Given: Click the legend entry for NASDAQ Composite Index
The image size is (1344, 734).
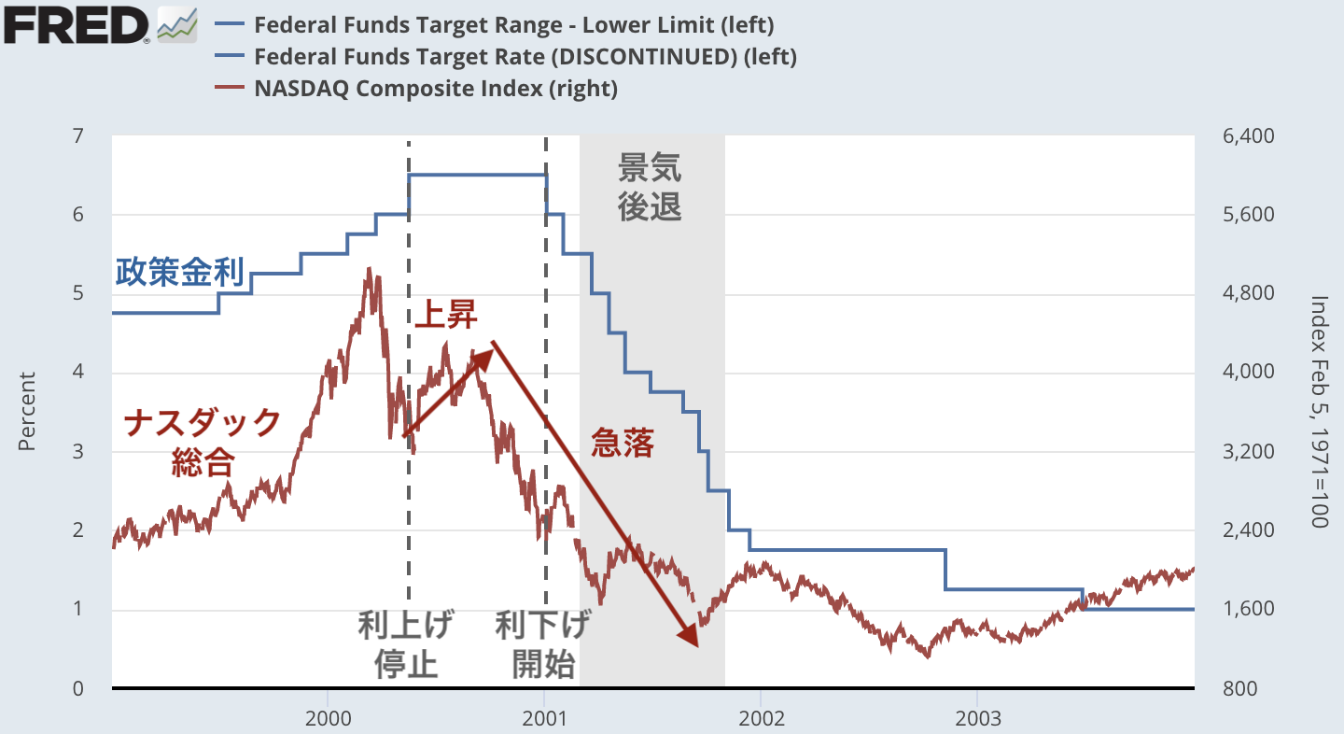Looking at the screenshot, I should (x=435, y=90).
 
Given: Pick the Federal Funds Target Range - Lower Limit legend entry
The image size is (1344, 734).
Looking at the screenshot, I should (x=513, y=24).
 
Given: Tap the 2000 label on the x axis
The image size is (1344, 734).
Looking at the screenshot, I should (x=328, y=719).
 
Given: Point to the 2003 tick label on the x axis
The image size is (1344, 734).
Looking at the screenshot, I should (x=977, y=719).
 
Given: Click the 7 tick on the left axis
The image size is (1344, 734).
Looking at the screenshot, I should (x=77, y=136).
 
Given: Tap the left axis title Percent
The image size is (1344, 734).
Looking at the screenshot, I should (x=27, y=412).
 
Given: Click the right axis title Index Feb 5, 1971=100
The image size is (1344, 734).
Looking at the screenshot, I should (x=1319, y=412).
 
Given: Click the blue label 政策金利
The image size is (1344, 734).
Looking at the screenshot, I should (x=180, y=273).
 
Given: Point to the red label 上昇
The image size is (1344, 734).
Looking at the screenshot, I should (x=445, y=316).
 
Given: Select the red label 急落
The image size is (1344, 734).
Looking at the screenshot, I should (x=623, y=443).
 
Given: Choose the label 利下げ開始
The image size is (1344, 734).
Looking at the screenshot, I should (x=543, y=644).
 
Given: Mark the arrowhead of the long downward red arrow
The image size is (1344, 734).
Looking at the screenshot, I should (x=692, y=639).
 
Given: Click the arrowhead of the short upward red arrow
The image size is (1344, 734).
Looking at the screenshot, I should (x=484, y=356).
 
